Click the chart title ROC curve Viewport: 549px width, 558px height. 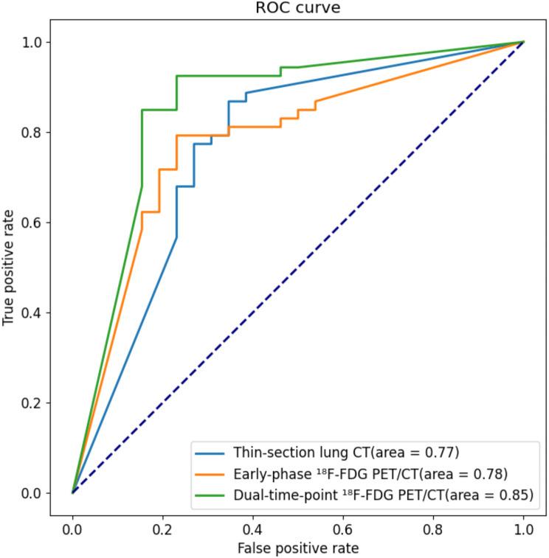pos(298,9)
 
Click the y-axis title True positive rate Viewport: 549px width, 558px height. pos(10,268)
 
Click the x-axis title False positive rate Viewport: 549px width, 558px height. pos(298,549)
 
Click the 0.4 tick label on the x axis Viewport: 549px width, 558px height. pos(253,529)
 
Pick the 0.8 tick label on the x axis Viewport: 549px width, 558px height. pos(434,529)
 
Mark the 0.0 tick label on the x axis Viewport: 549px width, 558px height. pos(72,529)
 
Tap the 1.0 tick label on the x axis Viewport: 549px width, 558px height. pos(524,529)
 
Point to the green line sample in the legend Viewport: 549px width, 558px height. pos(209,495)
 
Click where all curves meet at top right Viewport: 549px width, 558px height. pos(524,42)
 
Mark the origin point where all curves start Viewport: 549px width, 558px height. pos(72,492)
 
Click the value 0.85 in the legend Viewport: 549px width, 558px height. pos(514,495)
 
